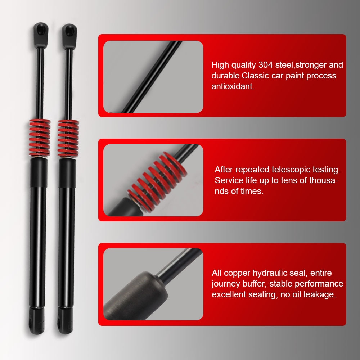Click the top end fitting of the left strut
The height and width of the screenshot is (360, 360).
(41, 35)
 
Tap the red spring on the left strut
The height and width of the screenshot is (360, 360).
(39, 138)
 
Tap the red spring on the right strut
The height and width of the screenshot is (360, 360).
(68, 138)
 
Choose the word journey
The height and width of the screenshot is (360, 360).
(224, 284)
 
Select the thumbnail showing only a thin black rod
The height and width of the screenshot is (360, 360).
(153, 77)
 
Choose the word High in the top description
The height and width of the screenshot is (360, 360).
(220, 65)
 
